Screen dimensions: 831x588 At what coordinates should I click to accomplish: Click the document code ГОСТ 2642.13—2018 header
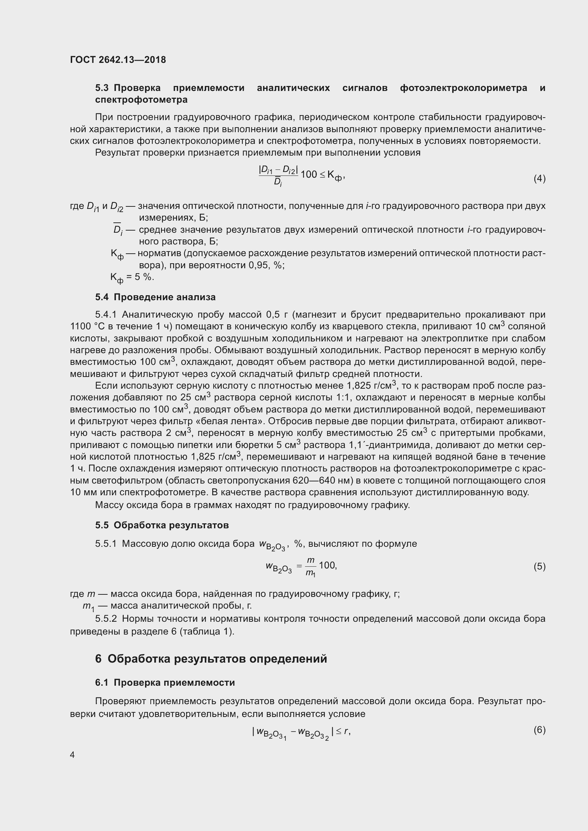(x=118, y=60)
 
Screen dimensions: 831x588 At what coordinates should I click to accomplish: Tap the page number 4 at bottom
(x=73, y=755)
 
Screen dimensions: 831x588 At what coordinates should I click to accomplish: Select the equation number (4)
(x=539, y=178)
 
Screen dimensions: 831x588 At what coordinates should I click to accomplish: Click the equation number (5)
(x=539, y=566)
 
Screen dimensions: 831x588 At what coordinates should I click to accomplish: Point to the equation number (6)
(x=539, y=730)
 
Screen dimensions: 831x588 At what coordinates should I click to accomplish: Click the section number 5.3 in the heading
(x=102, y=88)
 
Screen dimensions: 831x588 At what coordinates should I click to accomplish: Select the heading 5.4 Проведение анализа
(x=155, y=297)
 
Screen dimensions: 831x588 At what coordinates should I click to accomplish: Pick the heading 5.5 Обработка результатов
(x=162, y=525)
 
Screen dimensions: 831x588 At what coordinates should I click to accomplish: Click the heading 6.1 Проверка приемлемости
(x=165, y=682)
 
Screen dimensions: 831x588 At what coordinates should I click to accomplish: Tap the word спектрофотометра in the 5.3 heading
(x=141, y=99)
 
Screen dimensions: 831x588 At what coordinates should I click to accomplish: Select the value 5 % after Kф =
(x=144, y=277)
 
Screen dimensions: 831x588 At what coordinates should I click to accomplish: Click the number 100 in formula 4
(x=309, y=174)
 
